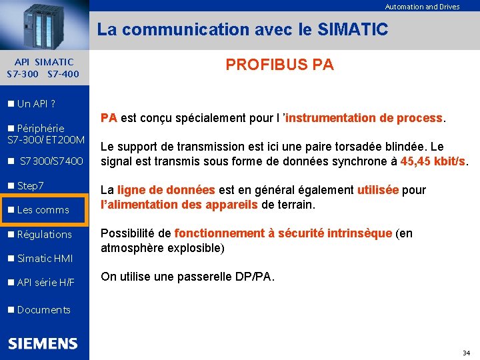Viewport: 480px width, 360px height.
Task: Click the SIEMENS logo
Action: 43,343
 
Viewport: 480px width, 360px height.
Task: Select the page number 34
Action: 466,352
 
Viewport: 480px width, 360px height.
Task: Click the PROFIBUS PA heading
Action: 279,65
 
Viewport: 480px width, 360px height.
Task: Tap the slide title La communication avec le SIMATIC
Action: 242,30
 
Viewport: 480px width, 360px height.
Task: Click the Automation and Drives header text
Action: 422,7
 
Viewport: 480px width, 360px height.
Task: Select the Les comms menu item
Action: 43,210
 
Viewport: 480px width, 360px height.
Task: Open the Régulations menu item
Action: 44,235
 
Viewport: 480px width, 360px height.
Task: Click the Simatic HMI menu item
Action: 45,259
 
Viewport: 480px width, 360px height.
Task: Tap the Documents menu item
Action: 43,310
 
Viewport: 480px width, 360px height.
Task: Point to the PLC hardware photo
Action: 44,25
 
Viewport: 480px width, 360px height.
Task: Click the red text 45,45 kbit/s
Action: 433,161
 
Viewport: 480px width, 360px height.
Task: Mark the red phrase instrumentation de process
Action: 365,118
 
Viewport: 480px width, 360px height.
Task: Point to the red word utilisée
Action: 378,191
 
